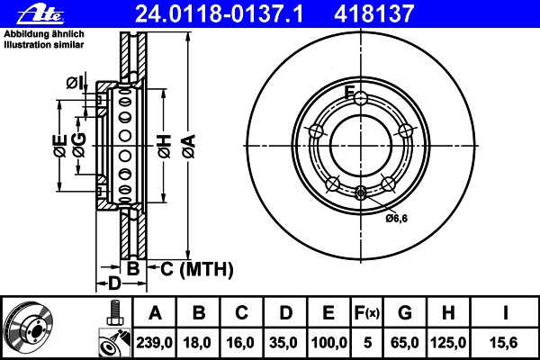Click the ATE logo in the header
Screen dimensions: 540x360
tap(40, 14)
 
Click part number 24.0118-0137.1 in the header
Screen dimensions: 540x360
tap(220, 13)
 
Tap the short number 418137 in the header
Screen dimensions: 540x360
tap(374, 13)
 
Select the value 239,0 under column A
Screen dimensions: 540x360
tap(154, 343)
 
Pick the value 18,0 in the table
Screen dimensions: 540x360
tap(197, 343)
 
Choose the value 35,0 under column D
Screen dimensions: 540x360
tap(283, 343)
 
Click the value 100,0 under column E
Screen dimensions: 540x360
tap(328, 343)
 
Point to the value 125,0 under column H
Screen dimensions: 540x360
tap(448, 343)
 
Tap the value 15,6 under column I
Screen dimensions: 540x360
tap(503, 343)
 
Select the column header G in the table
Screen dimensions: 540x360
tap(405, 313)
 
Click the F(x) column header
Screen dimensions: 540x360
tap(367, 313)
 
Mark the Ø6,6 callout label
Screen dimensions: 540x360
tap(396, 218)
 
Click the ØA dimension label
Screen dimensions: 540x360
tap(190, 146)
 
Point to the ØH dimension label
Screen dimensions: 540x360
tap(165, 146)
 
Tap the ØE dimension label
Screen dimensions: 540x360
tap(60, 146)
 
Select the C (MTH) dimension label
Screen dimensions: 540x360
tap(197, 269)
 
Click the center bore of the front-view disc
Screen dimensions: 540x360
tap(361, 146)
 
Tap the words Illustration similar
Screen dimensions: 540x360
tap(44, 45)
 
